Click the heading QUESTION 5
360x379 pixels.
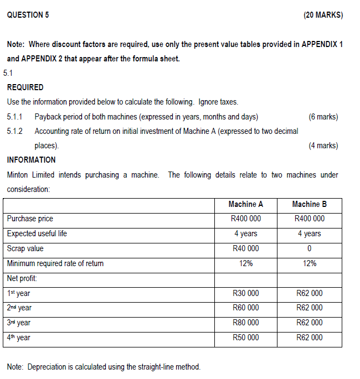(x=28, y=15)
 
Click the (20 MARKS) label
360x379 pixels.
(x=323, y=15)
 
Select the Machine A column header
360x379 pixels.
(x=246, y=204)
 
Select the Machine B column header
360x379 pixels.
(x=310, y=204)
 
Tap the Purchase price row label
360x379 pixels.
(x=30, y=219)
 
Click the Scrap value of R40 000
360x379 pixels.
(x=246, y=248)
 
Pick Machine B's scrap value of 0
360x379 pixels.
(x=310, y=248)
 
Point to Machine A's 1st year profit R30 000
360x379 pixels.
(x=246, y=293)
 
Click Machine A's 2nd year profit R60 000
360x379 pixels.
(x=246, y=308)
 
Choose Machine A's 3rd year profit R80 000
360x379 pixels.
(x=246, y=323)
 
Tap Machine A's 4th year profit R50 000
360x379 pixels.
(x=246, y=338)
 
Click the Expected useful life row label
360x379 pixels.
(x=37, y=233)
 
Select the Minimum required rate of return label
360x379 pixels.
(x=55, y=263)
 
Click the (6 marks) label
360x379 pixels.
(x=323, y=117)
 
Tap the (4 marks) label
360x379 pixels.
(x=323, y=146)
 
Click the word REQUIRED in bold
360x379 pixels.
(x=25, y=87)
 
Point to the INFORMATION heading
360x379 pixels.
(x=31, y=160)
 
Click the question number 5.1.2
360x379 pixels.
(x=16, y=131)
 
